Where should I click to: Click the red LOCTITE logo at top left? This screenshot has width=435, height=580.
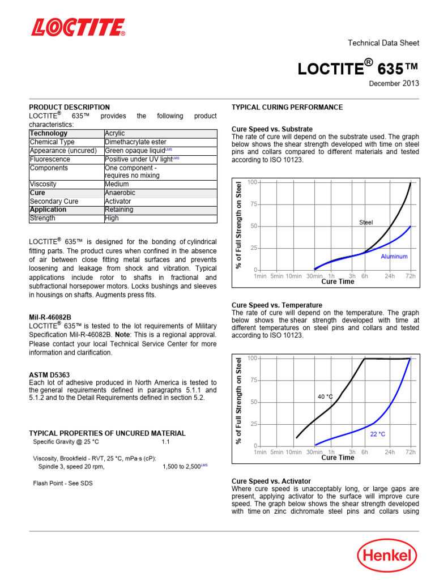[78, 27]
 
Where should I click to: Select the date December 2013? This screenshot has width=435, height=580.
[394, 83]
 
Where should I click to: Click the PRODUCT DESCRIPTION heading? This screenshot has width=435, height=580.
[70, 107]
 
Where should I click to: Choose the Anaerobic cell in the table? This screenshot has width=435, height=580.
[120, 193]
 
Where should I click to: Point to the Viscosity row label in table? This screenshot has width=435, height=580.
[45, 184]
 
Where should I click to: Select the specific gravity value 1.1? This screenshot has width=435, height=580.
[165, 442]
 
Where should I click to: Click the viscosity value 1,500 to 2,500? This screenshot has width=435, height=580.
[182, 467]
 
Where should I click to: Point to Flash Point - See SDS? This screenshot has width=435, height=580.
[63, 483]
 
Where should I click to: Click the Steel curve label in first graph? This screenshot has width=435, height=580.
[366, 223]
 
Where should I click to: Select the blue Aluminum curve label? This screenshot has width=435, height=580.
[394, 257]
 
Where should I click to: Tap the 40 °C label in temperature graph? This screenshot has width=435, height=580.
[325, 397]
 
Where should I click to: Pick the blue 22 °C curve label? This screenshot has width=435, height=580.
[377, 434]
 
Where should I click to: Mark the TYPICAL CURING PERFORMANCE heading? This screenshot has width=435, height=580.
[287, 107]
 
